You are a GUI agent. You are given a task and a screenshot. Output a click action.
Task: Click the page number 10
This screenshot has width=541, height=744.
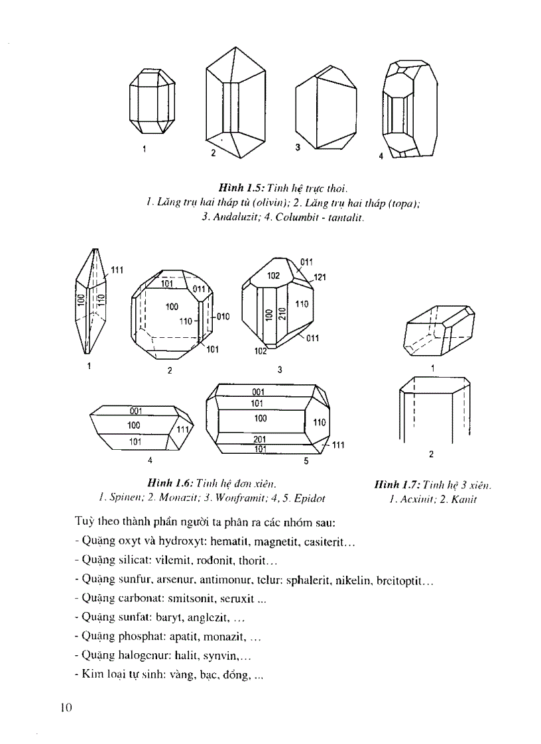click(x=65, y=708)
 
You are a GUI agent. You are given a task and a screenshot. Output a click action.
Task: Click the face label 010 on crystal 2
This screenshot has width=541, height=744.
click(x=222, y=317)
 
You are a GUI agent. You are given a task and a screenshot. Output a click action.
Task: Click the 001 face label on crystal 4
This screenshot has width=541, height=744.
click(x=137, y=411)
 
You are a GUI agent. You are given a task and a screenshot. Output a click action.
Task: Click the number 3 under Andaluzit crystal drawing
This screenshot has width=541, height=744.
click(x=298, y=147)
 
